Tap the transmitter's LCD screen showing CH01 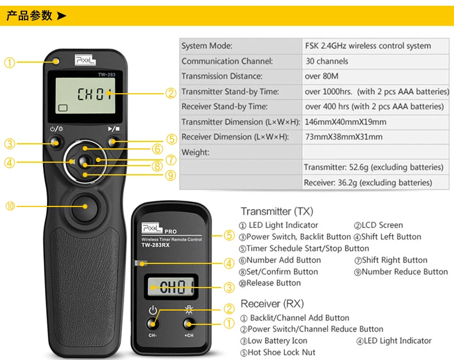(x=85, y=96)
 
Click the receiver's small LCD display (x=171, y=286)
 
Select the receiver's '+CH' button (x=189, y=324)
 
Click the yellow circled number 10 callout (x=10, y=206)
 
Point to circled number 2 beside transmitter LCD (x=171, y=93)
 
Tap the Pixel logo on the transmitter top (x=85, y=60)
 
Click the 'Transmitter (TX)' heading (x=277, y=211)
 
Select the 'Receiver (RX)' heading (x=272, y=304)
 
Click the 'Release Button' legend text (x=274, y=283)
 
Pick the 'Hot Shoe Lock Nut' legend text (x=282, y=353)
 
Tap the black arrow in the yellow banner (x=61, y=16)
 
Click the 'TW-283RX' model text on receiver (x=156, y=245)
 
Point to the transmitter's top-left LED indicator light (x=56, y=62)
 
